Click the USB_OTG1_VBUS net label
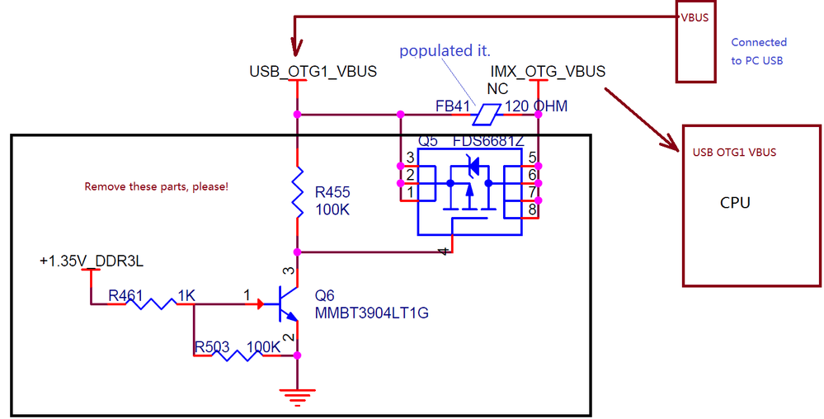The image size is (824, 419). pyautogui.click(x=313, y=71)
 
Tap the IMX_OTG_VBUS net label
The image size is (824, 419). pyautogui.click(x=548, y=71)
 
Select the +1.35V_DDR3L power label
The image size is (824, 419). pyautogui.click(x=92, y=261)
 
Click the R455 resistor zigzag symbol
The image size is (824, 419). pyautogui.click(x=298, y=192)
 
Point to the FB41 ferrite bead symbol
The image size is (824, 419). pyautogui.click(x=486, y=114)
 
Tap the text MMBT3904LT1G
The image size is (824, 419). pyautogui.click(x=371, y=313)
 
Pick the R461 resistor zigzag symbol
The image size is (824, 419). pyautogui.click(x=150, y=304)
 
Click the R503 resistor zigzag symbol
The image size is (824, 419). pyautogui.click(x=237, y=355)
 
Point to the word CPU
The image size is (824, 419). pyautogui.click(x=735, y=202)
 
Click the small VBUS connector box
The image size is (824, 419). pyautogui.click(x=696, y=41)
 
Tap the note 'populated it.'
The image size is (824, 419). pyautogui.click(x=445, y=51)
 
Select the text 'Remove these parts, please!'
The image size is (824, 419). pyautogui.click(x=157, y=186)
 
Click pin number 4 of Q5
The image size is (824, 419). pyautogui.click(x=444, y=252)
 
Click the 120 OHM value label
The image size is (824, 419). pyautogui.click(x=536, y=106)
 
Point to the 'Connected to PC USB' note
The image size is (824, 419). pyautogui.click(x=759, y=51)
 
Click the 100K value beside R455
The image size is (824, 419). pyautogui.click(x=332, y=209)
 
